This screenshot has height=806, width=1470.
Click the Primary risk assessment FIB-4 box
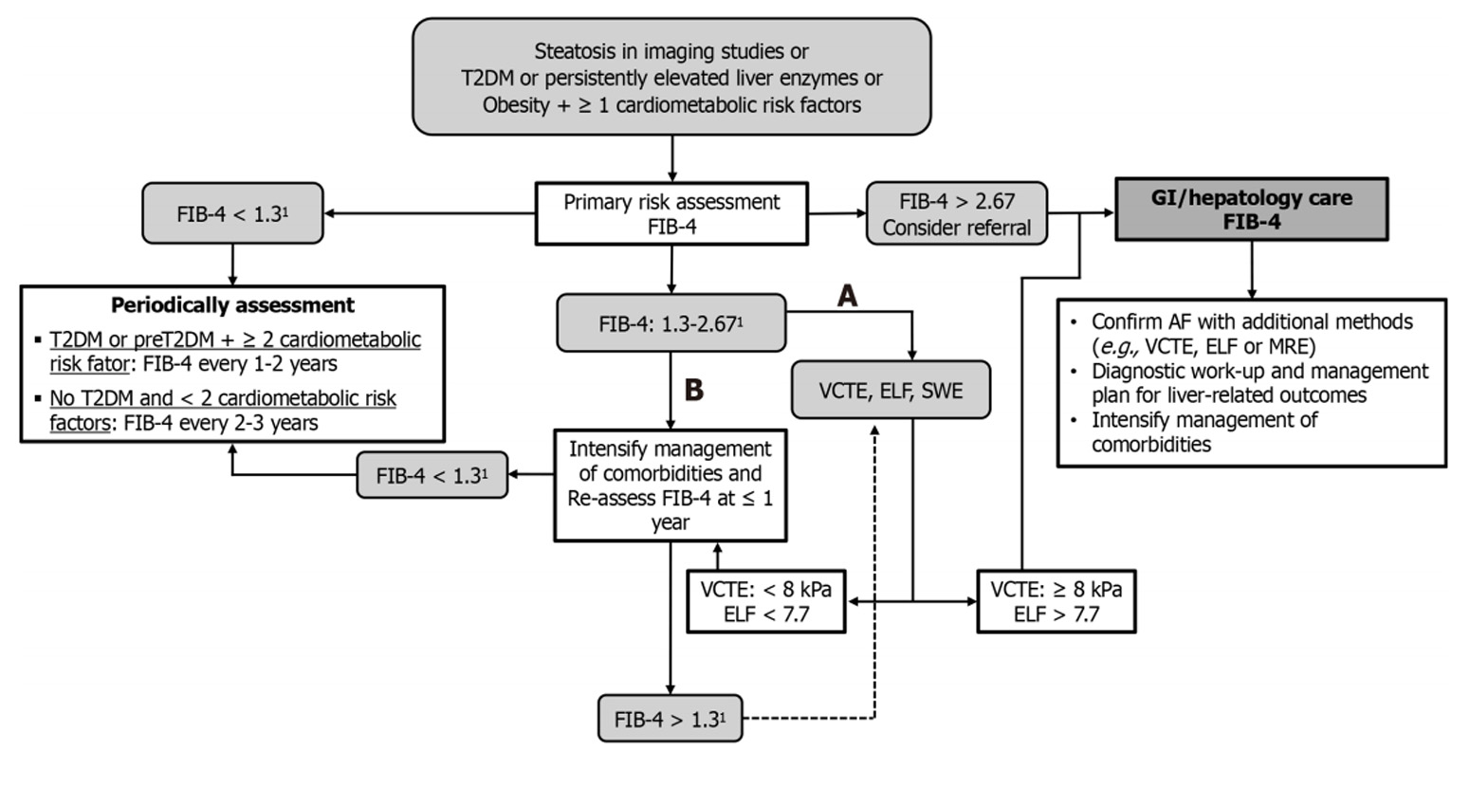pyautogui.click(x=671, y=214)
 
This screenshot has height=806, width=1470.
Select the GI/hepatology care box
pyautogui.click(x=1251, y=210)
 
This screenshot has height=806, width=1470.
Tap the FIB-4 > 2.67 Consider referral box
pyautogui.click(x=957, y=214)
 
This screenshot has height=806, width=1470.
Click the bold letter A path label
pyautogui.click(x=847, y=297)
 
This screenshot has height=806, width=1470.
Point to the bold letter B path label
pyautogui.click(x=694, y=390)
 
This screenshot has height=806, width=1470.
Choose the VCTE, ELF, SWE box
pyautogui.click(x=891, y=390)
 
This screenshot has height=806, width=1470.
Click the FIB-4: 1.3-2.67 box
pyautogui.click(x=671, y=324)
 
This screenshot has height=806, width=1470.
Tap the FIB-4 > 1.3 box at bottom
pyautogui.click(x=670, y=719)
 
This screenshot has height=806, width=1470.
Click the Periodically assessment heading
pyautogui.click(x=232, y=305)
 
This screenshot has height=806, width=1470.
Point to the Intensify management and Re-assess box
pyautogui.click(x=670, y=485)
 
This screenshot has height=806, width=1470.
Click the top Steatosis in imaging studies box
pyautogui.click(x=671, y=78)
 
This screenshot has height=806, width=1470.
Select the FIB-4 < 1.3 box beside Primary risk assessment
pyautogui.click(x=232, y=214)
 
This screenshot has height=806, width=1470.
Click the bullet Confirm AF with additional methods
pyautogui.click(x=1252, y=321)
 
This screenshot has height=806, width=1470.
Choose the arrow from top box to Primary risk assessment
pyautogui.click(x=671, y=158)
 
